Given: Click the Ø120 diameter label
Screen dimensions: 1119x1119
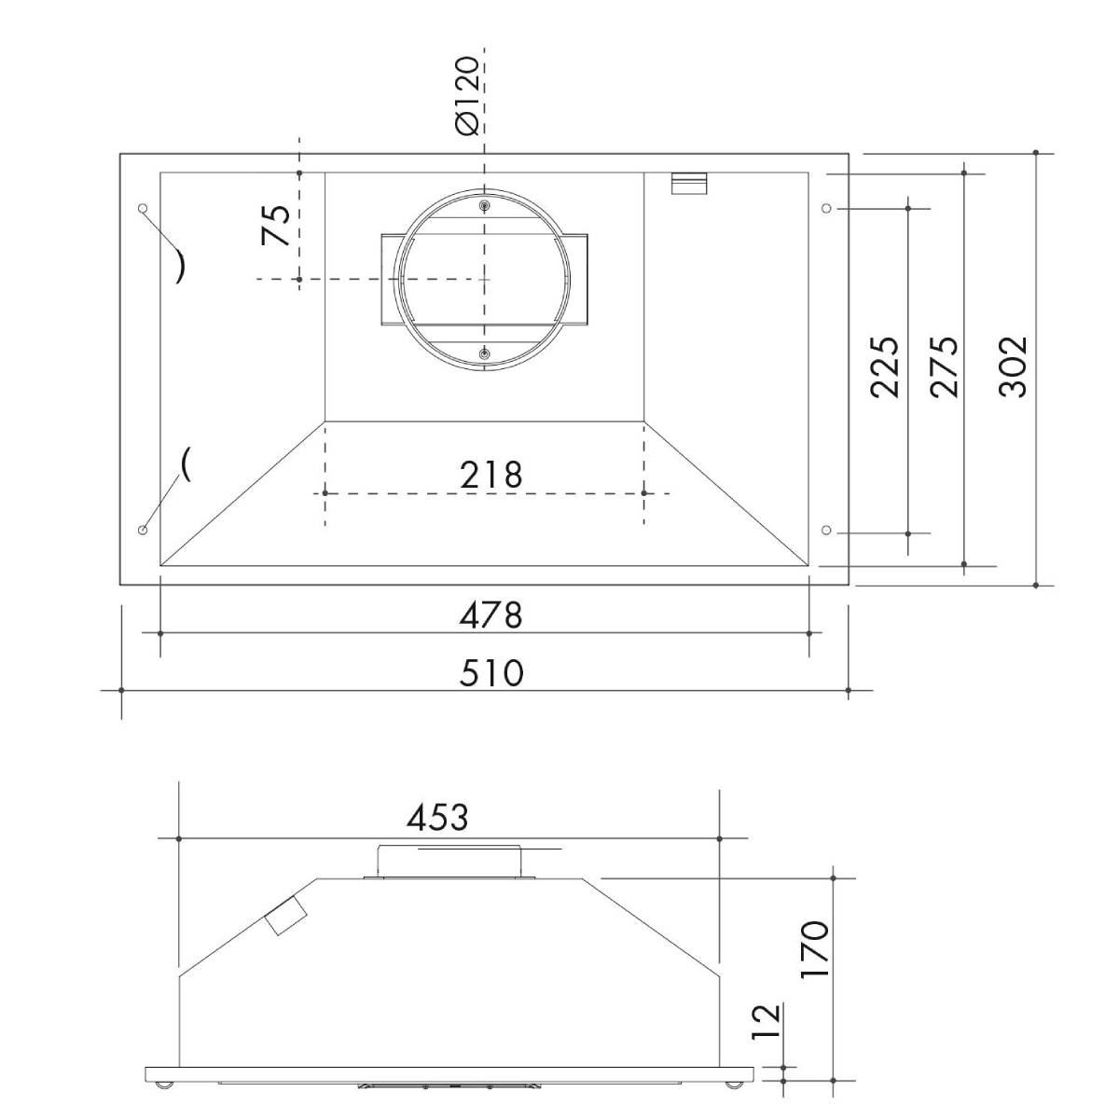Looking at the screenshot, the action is pyautogui.click(x=468, y=95).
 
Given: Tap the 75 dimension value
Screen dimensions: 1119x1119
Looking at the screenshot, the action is pyautogui.click(x=276, y=226).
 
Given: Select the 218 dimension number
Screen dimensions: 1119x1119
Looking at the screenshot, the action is pyautogui.click(x=491, y=475).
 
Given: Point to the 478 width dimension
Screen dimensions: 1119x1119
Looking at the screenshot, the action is pyautogui.click(x=491, y=615).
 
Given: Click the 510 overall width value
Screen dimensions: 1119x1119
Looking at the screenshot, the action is pyautogui.click(x=491, y=673).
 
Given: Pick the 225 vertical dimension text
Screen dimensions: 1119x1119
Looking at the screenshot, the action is pyautogui.click(x=885, y=366).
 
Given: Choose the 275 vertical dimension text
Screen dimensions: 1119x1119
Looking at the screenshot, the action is pyautogui.click(x=944, y=366).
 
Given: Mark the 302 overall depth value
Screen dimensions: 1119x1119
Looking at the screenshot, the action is pyautogui.click(x=1014, y=366).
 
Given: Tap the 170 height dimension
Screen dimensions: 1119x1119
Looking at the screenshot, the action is pyautogui.click(x=814, y=950).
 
